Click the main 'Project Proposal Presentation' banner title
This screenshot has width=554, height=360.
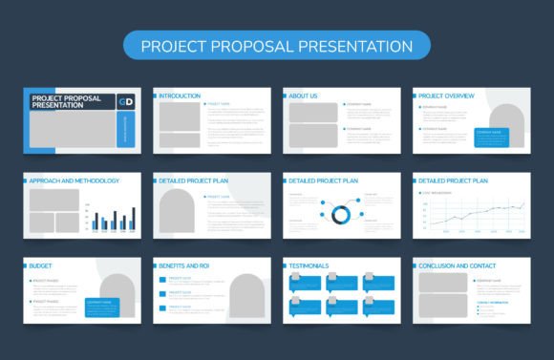pyautogui.click(x=277, y=46)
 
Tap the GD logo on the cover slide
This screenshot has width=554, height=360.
pyautogui.click(x=125, y=101)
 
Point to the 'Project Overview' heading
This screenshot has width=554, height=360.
pyautogui.click(x=447, y=96)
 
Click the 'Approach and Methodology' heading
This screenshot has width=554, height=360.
pyautogui.click(x=75, y=180)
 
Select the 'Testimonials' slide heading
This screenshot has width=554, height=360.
pyautogui.click(x=309, y=265)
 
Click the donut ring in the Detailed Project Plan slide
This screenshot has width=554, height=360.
pyautogui.click(x=339, y=212)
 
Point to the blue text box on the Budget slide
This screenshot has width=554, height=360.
pyautogui.click(x=105, y=307)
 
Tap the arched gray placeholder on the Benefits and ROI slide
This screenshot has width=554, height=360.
pyautogui.click(x=246, y=296)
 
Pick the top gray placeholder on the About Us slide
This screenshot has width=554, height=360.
pyautogui.click(x=314, y=112)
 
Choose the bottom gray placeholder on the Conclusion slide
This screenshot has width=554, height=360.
pyautogui.click(x=442, y=306)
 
